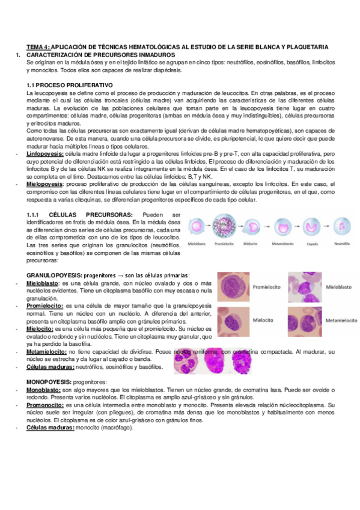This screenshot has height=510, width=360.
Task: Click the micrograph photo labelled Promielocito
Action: [234, 287]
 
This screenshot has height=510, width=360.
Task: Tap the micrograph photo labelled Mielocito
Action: [234, 321]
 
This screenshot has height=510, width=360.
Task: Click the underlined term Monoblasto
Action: [42, 390]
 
